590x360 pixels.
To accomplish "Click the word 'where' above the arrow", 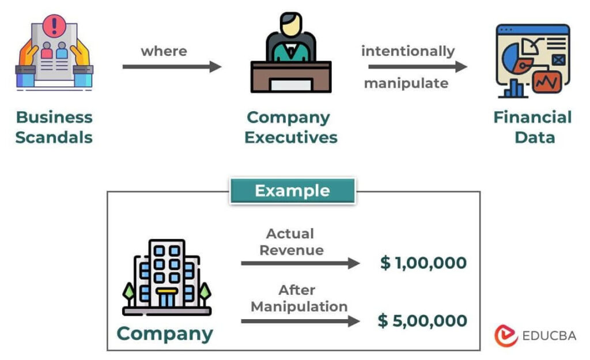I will click(164, 51).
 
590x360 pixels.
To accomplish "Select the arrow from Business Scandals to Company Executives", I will click(172, 67).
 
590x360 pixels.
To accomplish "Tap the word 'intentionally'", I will click(408, 51).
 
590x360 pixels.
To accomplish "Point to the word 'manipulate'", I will click(406, 84).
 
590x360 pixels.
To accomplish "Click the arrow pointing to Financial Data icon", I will click(417, 67).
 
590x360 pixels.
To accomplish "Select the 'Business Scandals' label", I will click(54, 127).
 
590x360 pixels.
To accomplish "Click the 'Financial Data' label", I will click(532, 127).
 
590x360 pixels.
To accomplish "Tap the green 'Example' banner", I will click(293, 191).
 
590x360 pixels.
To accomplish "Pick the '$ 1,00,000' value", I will click(423, 263).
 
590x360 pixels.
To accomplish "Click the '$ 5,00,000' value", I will click(422, 321).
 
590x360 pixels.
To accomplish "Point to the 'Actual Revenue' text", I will click(290, 242).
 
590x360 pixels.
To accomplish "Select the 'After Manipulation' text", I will click(299, 298).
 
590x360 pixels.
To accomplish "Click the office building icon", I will click(167, 277).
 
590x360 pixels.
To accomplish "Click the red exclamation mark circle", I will click(55, 26).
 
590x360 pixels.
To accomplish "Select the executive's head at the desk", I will click(291, 25).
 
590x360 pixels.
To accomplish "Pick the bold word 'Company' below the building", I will click(165, 334).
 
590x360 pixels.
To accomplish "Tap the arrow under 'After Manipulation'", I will click(300, 320).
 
